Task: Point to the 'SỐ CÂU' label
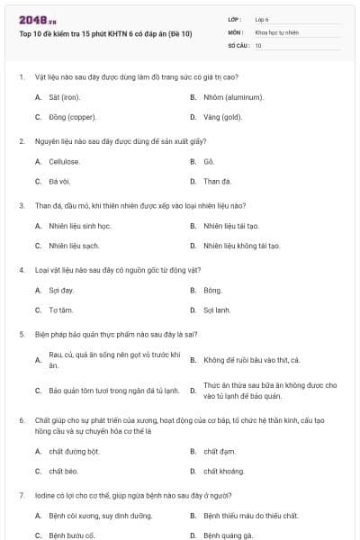237,44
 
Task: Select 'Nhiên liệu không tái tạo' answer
241,246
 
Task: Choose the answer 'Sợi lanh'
217,310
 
